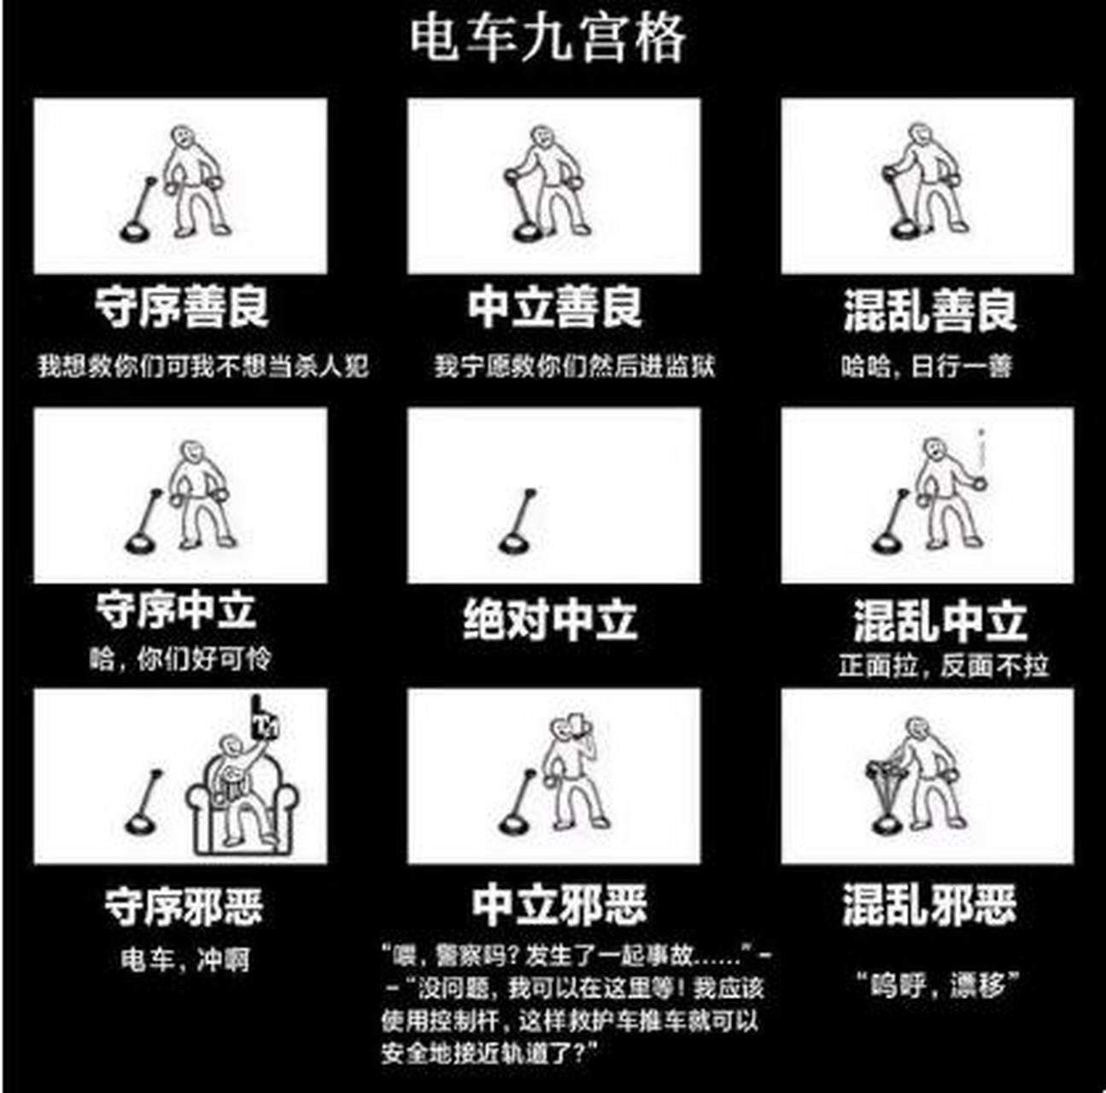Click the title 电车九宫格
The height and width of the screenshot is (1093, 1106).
coord(547,38)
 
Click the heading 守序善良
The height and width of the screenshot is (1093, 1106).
coord(181,307)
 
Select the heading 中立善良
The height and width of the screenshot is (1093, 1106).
coord(554,307)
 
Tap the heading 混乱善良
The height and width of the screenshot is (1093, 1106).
coord(929,309)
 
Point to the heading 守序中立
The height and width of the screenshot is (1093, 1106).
coord(175,611)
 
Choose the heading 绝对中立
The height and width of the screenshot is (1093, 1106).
coord(550,619)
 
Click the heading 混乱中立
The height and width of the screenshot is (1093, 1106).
coord(939,620)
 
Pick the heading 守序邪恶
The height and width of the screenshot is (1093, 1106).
coord(183,906)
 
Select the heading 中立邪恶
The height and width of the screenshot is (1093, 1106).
coord(559,905)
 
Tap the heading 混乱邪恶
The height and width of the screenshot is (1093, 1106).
coord(929,904)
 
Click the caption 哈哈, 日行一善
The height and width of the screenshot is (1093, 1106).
coord(927,366)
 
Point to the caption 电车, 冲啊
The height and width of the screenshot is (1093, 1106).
coord(184,959)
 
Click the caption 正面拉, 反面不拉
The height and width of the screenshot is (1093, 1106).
coord(943,665)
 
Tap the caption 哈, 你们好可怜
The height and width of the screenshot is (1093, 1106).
coord(180,658)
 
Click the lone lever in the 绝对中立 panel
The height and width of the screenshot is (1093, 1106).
coord(518,522)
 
